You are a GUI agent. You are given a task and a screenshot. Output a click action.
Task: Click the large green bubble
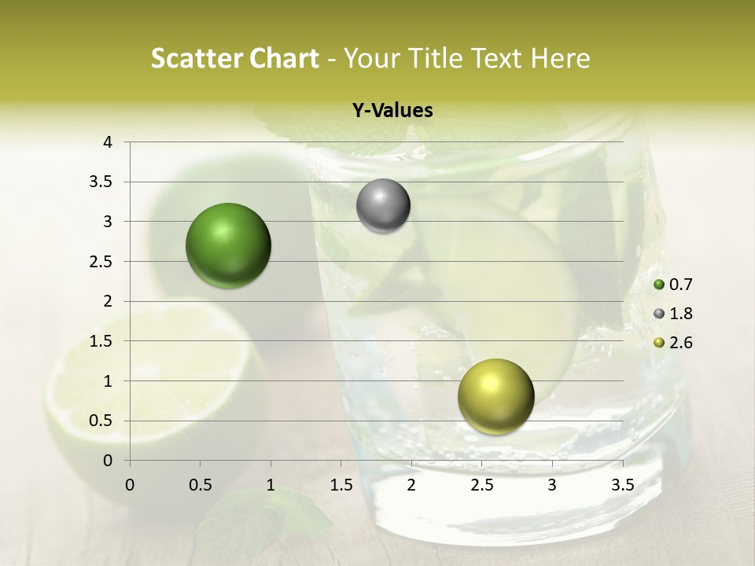pyautogui.click(x=229, y=245)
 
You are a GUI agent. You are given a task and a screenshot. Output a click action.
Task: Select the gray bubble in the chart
pyautogui.click(x=383, y=206)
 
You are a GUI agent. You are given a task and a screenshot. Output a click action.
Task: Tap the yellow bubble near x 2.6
pyautogui.click(x=495, y=396)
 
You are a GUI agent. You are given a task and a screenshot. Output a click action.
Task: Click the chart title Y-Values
pyautogui.click(x=392, y=111)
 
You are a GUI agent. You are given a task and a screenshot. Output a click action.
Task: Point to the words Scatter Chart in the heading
pyautogui.click(x=235, y=58)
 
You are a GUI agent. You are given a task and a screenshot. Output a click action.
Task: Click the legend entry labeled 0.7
pyautogui.click(x=677, y=285)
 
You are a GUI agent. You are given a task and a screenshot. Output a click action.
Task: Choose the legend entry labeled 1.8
pyautogui.click(x=677, y=314)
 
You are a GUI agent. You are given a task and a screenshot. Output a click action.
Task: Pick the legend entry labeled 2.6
pyautogui.click(x=677, y=343)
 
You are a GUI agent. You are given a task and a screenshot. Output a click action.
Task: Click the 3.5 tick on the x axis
pyautogui.click(x=623, y=484)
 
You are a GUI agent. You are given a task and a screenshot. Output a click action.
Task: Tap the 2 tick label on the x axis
pyautogui.click(x=411, y=484)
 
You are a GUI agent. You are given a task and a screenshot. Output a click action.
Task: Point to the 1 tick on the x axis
pyautogui.click(x=271, y=484)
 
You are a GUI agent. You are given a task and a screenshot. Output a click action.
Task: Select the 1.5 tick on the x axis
pyautogui.click(x=341, y=484)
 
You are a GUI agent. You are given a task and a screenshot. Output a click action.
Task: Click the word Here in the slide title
pyautogui.click(x=560, y=58)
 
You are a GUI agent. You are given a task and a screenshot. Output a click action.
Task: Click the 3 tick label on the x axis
pyautogui.click(x=552, y=484)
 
